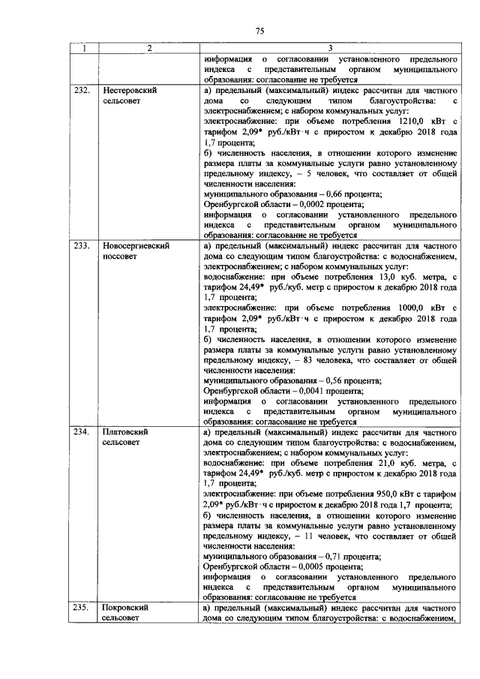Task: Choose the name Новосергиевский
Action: click(135, 245)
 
